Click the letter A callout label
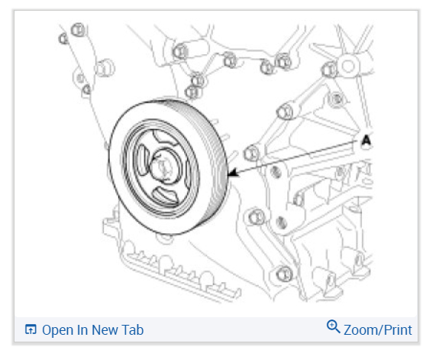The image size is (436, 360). point(367,140)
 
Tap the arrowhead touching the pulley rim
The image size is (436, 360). point(233,173)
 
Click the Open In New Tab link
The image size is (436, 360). point(84,330)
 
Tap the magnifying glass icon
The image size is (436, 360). point(333,326)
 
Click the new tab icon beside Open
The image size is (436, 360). point(31,329)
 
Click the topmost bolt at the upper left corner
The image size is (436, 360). point(78,30)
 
